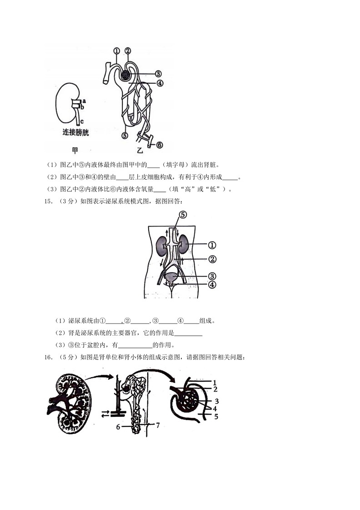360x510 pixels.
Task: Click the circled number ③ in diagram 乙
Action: coord(158,74)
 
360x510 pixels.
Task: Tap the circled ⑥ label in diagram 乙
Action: coord(159,145)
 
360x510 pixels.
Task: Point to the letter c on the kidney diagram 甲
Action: coord(82,121)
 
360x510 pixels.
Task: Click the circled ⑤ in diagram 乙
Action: coord(125,135)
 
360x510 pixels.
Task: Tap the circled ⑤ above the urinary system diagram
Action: coord(183,215)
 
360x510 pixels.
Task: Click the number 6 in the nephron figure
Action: coord(118,427)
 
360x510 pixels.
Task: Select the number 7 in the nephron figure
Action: coord(158,426)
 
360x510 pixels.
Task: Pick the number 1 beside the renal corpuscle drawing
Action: coord(214,383)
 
